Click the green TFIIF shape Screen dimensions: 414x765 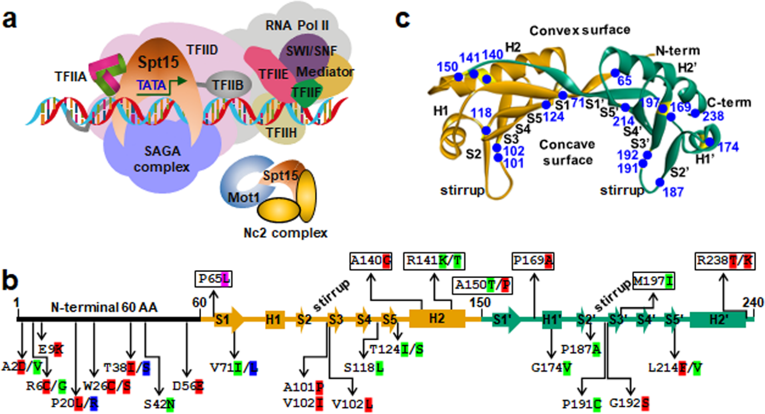pyautogui.click(x=307, y=94)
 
